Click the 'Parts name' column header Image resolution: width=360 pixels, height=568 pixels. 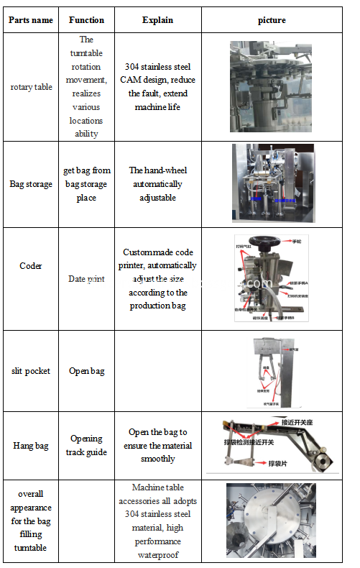point(31,20)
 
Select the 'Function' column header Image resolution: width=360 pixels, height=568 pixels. point(86,20)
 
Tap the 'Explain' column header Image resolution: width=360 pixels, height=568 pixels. point(157,20)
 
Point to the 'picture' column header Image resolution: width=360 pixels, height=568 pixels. point(272,20)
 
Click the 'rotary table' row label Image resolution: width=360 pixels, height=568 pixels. point(31,87)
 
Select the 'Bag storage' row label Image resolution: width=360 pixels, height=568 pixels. point(31,184)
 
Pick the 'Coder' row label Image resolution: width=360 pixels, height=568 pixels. point(31,266)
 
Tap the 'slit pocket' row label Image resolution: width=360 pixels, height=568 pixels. point(31,371)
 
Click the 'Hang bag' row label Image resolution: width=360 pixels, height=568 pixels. point(31,446)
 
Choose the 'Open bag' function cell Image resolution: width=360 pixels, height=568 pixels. point(86,371)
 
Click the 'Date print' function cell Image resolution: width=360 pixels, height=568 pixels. point(86,279)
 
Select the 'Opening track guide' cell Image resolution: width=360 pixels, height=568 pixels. point(86,446)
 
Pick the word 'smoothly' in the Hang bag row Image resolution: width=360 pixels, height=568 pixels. point(157,459)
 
